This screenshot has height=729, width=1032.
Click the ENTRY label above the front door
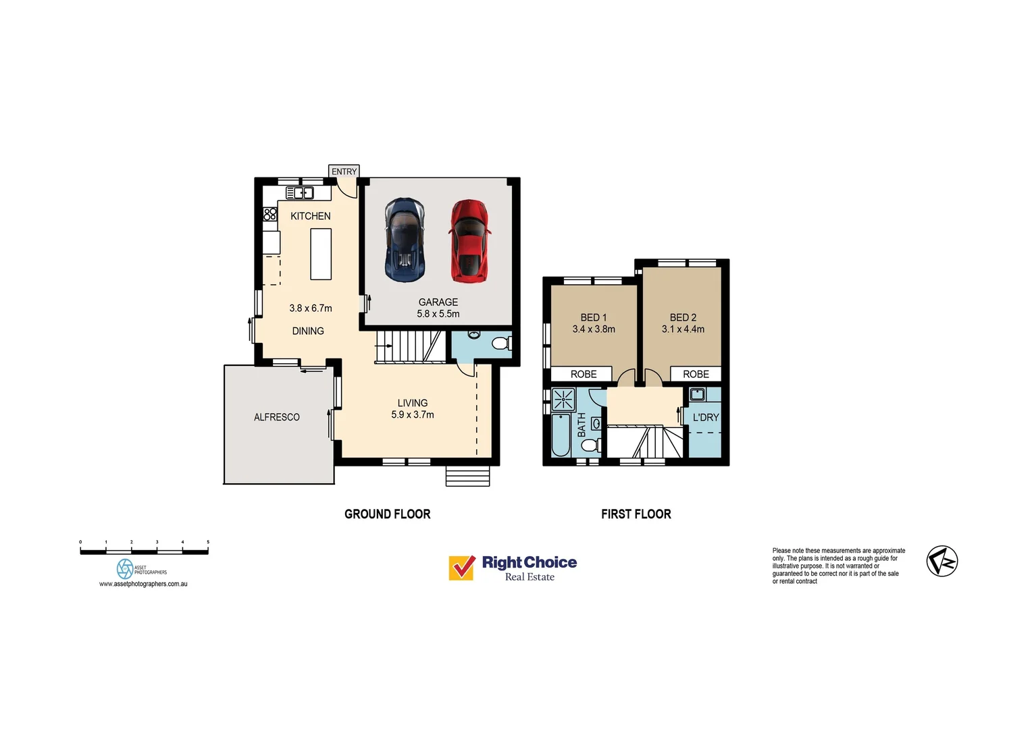344,171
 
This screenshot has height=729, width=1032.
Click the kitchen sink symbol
300,193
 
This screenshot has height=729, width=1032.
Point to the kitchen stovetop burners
270,214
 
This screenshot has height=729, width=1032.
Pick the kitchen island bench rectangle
321,254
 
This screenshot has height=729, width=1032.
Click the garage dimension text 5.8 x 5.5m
438,314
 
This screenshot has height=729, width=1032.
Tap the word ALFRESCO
277,417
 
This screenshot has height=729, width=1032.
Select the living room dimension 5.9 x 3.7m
413,414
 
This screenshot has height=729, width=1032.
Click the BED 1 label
594,317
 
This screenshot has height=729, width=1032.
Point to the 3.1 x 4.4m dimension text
683,329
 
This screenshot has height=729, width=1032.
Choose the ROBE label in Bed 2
696,374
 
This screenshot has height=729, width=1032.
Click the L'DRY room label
706,418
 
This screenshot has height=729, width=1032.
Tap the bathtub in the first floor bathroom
561,435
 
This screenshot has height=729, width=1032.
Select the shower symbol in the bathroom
563,400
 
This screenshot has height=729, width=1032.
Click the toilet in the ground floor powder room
500,344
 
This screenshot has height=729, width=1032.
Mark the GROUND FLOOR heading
388,514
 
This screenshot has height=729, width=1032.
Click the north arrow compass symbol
942,561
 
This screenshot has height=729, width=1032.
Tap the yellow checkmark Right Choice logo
462,568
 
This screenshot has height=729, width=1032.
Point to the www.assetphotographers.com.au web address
143,584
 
